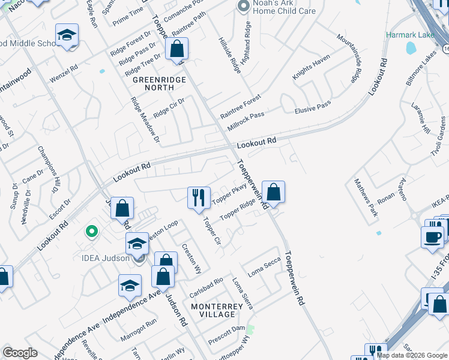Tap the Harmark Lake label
pyautogui.click(x=410, y=35)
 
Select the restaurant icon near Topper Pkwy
pyautogui.click(x=198, y=197)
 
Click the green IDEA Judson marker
pyautogui.click(x=91, y=231)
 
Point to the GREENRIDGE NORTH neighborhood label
pyautogui.click(x=154, y=83)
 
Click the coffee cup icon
pyautogui.click(x=432, y=236)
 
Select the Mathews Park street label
pyautogui.click(x=366, y=197)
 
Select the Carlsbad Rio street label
pyautogui.click(x=206, y=287)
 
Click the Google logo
pyautogui.click(x=20, y=353)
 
